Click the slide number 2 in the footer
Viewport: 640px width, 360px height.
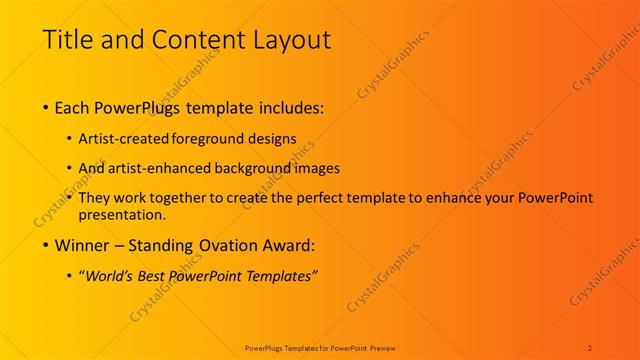(590, 347)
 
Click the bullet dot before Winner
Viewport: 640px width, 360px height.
(47, 244)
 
